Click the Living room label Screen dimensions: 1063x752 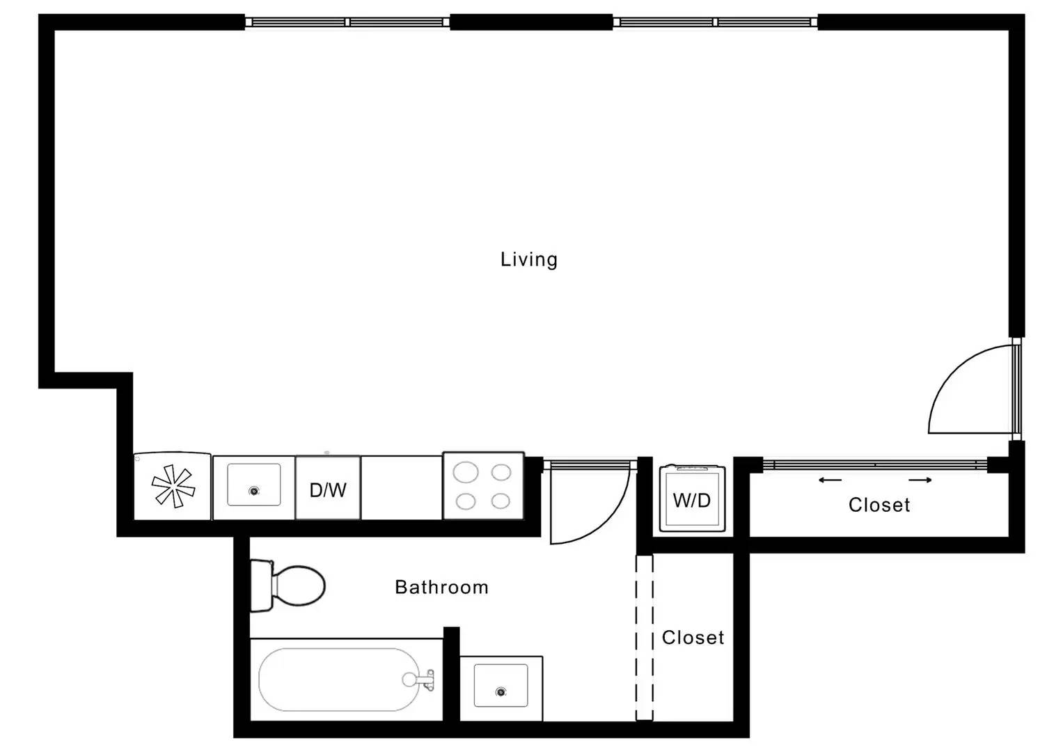[x=528, y=260]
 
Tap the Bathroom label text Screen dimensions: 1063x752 [x=441, y=587]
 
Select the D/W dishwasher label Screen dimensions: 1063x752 [x=328, y=490]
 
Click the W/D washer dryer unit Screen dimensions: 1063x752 [x=692, y=498]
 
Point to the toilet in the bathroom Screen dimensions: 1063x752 [x=287, y=586]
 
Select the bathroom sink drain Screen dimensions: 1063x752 [x=501, y=691]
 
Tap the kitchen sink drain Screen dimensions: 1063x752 [x=254, y=491]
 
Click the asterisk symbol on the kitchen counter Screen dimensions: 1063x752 [x=173, y=486]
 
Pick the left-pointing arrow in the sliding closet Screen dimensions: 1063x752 [x=830, y=480]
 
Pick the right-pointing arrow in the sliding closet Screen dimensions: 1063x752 [x=920, y=480]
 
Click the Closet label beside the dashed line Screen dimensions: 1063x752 [x=693, y=638]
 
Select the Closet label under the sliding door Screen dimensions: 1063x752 [x=879, y=505]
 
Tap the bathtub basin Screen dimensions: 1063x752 [x=339, y=680]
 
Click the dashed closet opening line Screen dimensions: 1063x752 [x=645, y=637]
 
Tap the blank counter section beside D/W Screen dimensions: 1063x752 [x=402, y=487]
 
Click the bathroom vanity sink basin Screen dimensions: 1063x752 [x=501, y=686]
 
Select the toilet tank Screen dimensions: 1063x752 [x=262, y=586]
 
